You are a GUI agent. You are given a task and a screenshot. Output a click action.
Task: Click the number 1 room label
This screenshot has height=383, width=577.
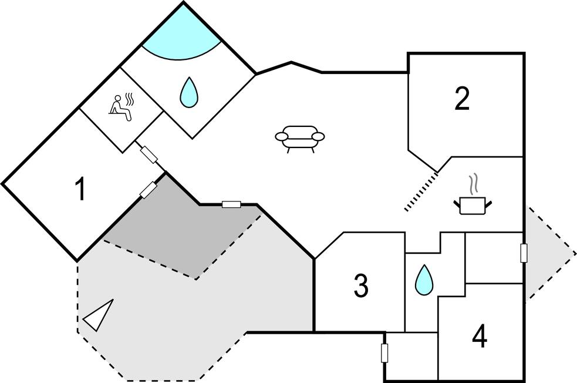click(80, 190)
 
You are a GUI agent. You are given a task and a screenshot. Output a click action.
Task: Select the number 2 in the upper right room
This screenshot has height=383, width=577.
click(463, 99)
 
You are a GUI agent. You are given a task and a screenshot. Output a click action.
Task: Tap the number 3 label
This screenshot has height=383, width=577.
click(361, 285)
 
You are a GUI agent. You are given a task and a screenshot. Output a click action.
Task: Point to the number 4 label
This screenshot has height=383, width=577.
click(480, 337)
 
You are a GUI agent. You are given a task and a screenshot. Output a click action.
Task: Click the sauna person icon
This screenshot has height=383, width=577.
click(121, 107)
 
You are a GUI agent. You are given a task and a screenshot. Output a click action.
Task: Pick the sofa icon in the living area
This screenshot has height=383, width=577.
click(300, 139)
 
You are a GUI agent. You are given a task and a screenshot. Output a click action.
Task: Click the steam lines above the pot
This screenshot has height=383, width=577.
click(474, 183)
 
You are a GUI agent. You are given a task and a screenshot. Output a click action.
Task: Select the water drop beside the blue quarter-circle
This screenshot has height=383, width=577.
click(188, 92)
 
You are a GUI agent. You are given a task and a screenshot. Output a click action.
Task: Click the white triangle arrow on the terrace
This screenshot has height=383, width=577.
click(99, 316)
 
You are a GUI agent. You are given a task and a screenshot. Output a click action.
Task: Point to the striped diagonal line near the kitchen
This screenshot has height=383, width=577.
click(421, 191)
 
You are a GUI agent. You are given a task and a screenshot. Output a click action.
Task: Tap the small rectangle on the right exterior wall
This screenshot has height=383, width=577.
click(524, 253)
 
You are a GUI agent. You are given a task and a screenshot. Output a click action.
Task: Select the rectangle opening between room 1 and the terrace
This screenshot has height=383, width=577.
click(149, 190)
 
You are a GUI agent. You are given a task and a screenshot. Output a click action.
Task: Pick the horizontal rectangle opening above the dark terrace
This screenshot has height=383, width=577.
click(231, 204)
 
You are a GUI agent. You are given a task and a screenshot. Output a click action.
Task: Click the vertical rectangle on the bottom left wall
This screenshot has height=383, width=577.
click(385, 353)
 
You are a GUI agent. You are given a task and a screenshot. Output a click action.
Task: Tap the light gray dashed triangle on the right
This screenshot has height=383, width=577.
click(546, 253)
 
